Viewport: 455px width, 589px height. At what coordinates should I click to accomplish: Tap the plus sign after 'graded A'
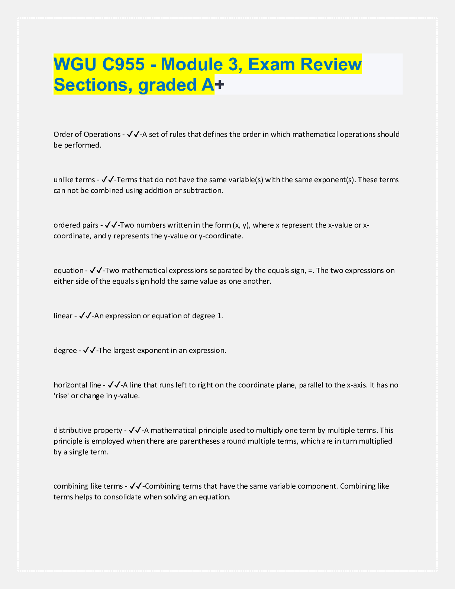point(220,85)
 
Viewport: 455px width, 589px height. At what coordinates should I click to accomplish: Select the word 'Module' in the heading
point(197,64)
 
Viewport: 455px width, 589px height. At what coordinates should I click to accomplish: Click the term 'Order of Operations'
point(87,134)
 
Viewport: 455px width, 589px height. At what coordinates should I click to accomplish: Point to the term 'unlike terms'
point(74,180)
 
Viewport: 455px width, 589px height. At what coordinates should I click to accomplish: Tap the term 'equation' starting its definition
point(68,270)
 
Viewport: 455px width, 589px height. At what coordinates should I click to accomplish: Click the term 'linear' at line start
point(63,316)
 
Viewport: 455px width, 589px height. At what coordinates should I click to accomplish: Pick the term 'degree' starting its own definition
point(65,350)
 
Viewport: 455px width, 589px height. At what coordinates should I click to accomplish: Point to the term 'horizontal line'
point(77,385)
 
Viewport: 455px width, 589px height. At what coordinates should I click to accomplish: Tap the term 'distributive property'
point(88,430)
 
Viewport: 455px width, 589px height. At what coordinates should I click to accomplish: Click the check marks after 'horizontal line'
point(113,385)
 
